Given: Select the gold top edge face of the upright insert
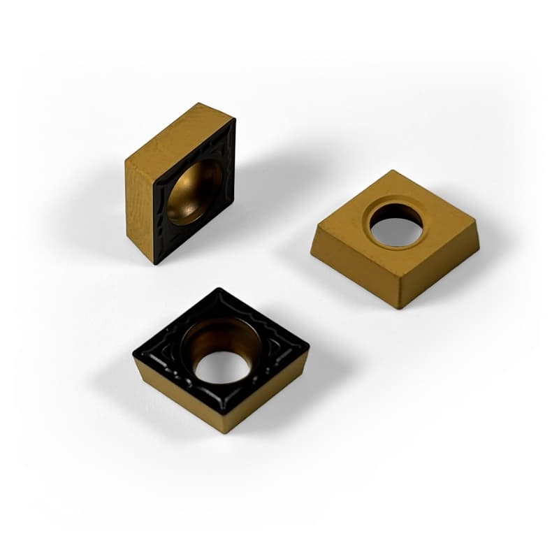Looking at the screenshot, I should pyautogui.click(x=179, y=132).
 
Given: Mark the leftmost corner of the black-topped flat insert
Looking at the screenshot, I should pyautogui.click(x=134, y=355).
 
